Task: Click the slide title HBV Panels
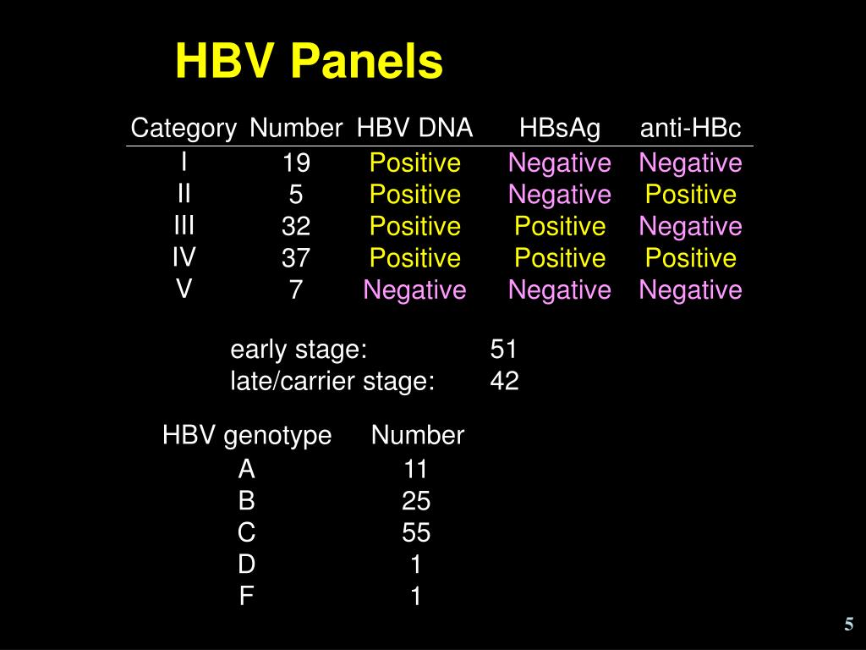[x=309, y=63]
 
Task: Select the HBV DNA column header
[x=414, y=128]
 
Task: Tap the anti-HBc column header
[x=690, y=128]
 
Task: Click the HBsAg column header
[x=560, y=128]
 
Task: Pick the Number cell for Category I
[x=296, y=162]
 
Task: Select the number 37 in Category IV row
[x=296, y=258]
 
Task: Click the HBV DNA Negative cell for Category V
[x=414, y=290]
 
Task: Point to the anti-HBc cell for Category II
[x=690, y=195]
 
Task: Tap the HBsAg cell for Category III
[x=560, y=227]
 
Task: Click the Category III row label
[x=184, y=225]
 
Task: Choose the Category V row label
[x=184, y=289]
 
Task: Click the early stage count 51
[x=503, y=350]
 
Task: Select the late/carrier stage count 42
[x=504, y=382]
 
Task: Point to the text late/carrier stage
[x=332, y=382]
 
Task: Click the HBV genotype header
[x=247, y=436]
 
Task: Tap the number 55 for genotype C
[x=416, y=533]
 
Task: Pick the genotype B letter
[x=246, y=502]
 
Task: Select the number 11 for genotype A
[x=415, y=469]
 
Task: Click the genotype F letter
[x=246, y=598]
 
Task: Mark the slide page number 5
[x=847, y=625]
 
